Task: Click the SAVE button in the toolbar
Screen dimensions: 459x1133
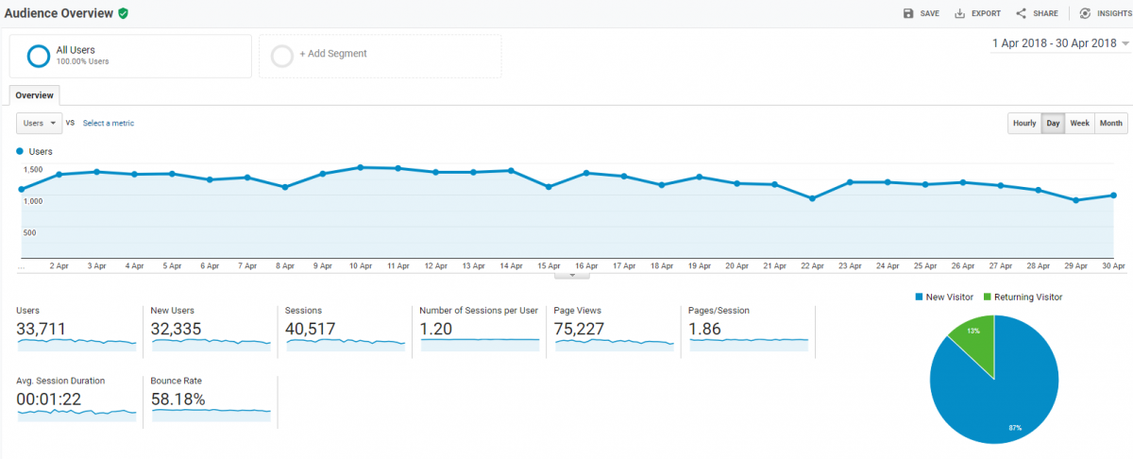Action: tap(922, 13)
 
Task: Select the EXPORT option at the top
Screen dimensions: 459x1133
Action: tap(977, 13)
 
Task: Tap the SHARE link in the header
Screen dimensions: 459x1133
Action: tap(1037, 13)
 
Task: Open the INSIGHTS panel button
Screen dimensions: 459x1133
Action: tap(1104, 13)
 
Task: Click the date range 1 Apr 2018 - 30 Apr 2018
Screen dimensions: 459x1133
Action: tap(1054, 43)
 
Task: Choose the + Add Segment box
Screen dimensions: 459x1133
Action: tap(380, 55)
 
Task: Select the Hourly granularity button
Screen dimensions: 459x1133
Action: tap(1024, 124)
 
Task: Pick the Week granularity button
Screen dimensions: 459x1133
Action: tap(1079, 124)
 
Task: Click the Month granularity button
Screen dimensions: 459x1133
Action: tap(1111, 124)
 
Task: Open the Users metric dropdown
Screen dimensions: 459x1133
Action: tap(40, 124)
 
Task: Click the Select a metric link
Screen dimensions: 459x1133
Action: tap(109, 124)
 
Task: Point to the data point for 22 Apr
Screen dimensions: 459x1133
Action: tap(812, 198)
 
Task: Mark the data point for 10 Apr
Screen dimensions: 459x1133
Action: tap(361, 167)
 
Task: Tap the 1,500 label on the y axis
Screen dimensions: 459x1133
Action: tap(33, 170)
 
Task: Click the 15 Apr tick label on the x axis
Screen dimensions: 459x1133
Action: tap(549, 267)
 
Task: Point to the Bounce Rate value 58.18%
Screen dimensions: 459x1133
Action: tap(178, 399)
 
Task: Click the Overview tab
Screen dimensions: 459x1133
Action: tap(35, 95)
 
